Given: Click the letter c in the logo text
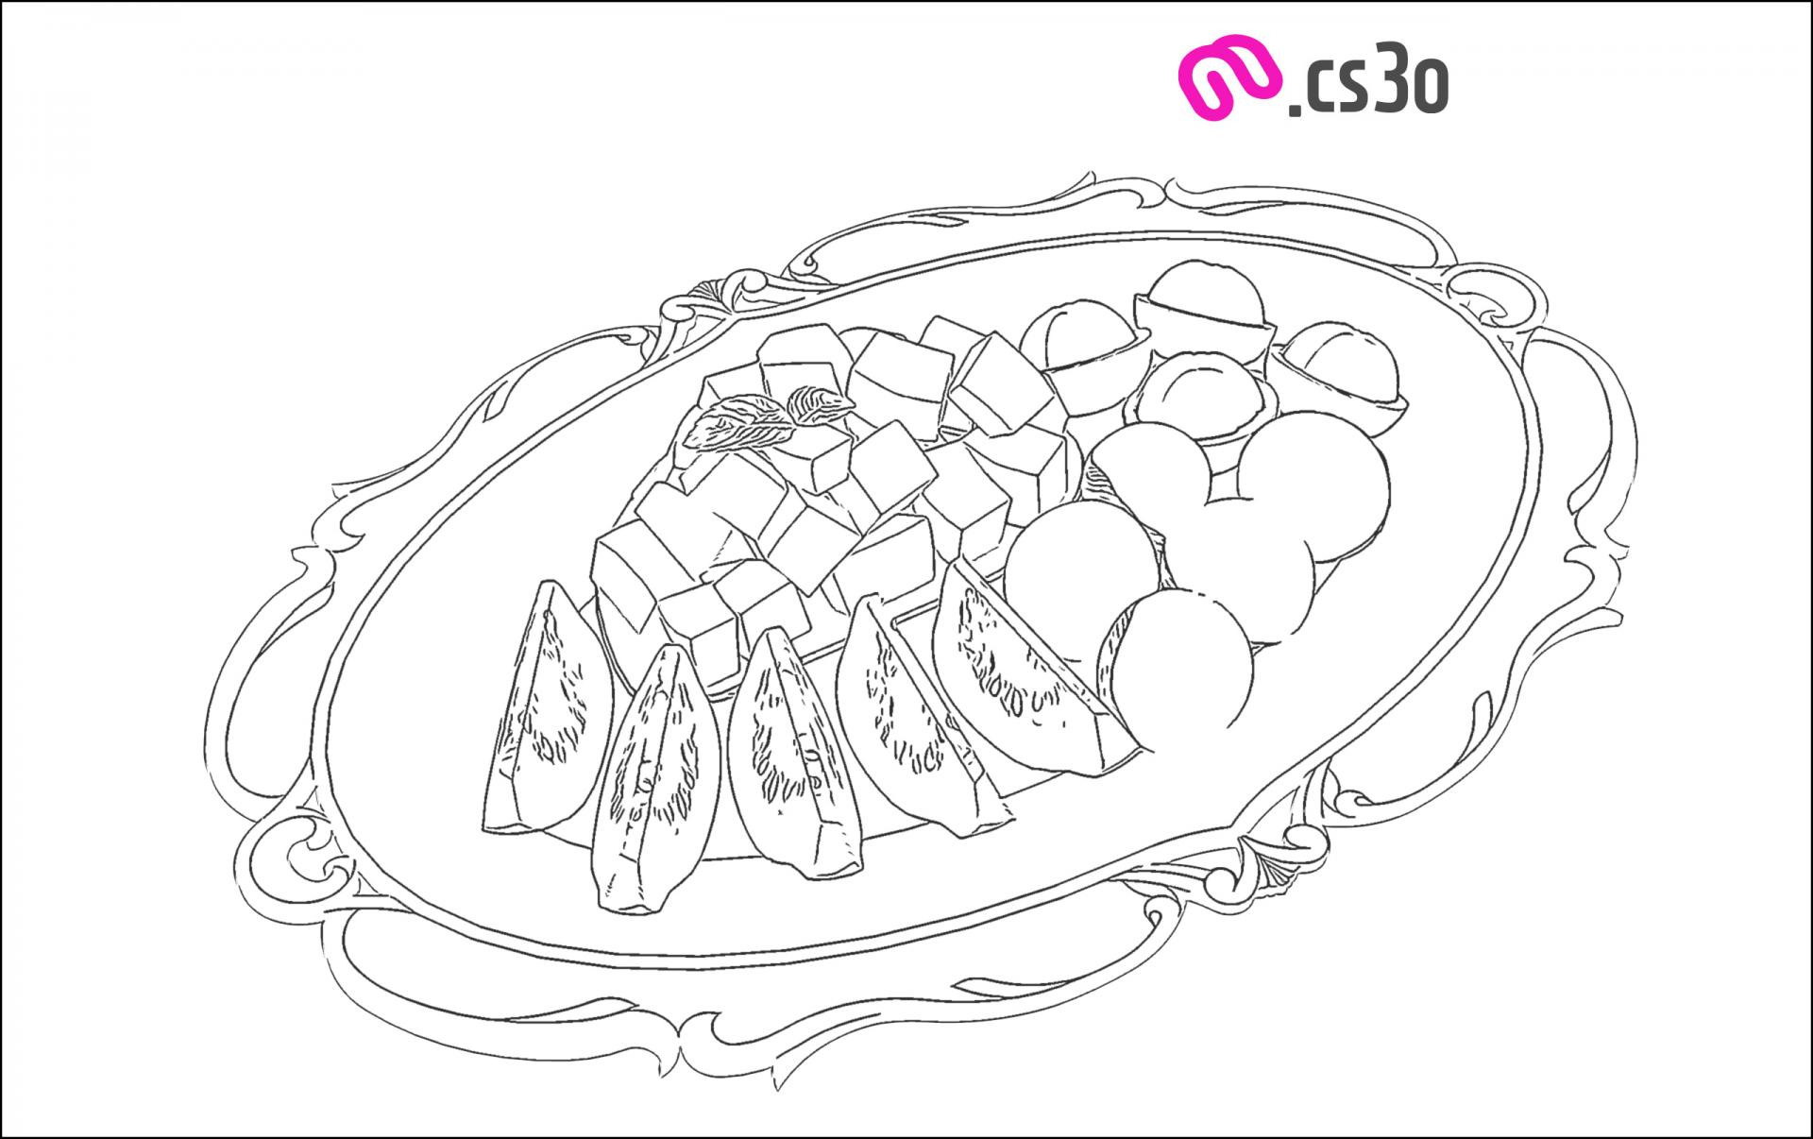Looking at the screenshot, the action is coord(1314,91).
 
